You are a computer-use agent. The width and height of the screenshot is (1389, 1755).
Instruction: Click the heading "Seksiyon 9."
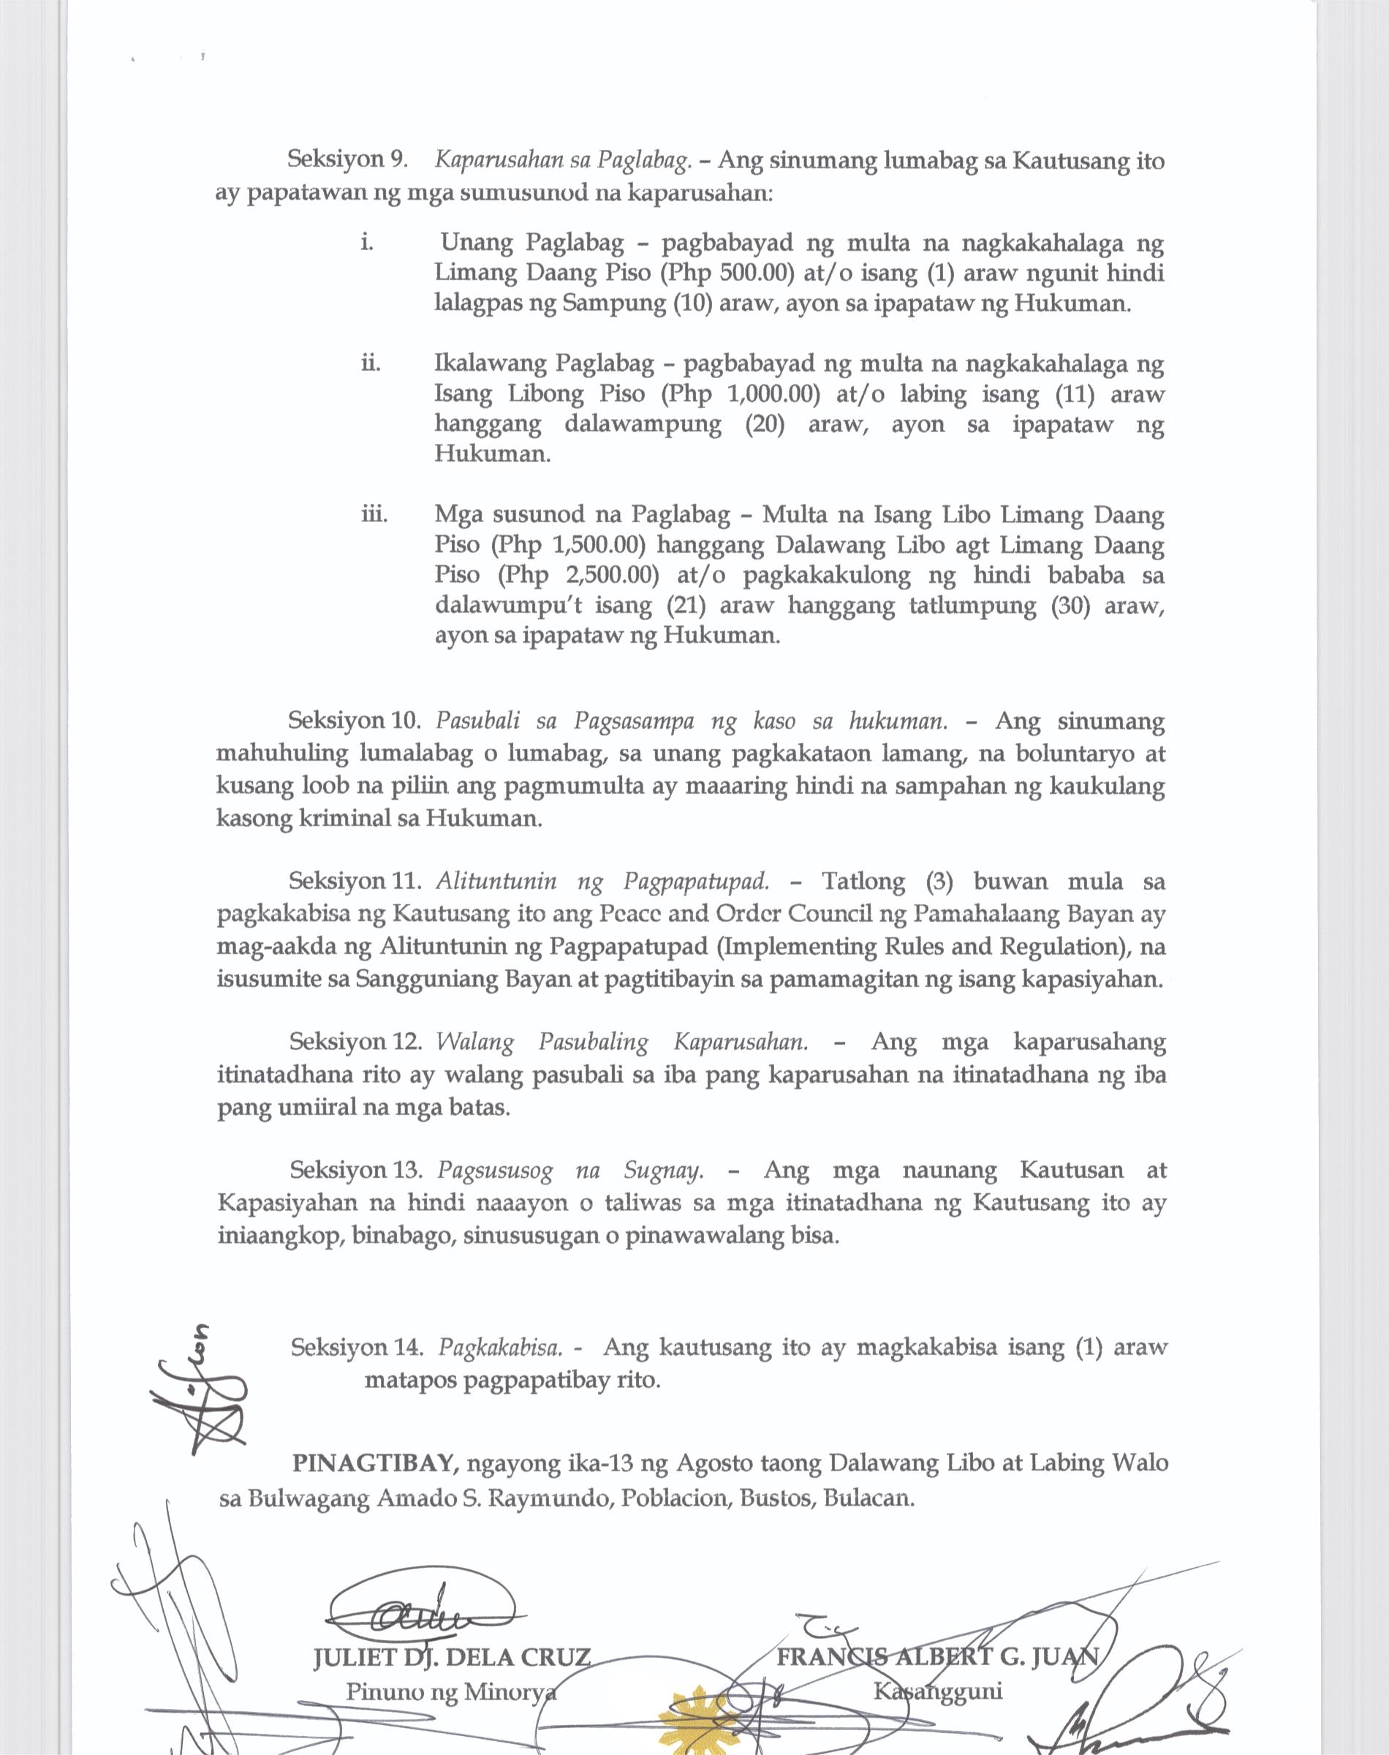(347, 159)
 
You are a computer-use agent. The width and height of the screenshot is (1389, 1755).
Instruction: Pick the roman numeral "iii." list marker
(374, 515)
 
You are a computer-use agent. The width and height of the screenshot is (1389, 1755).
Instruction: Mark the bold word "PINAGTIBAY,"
(377, 1464)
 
